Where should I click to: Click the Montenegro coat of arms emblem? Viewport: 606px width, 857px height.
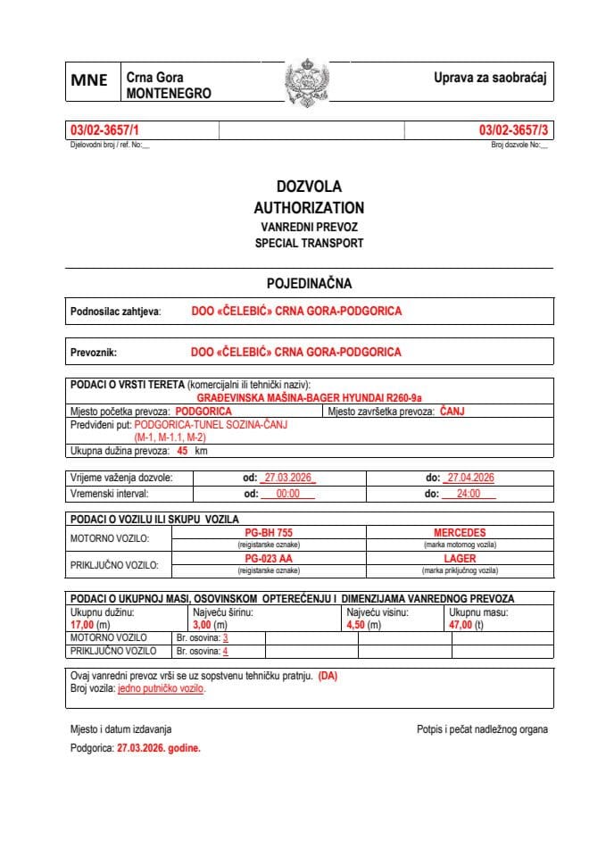(306, 83)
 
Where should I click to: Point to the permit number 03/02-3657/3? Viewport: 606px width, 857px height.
(515, 131)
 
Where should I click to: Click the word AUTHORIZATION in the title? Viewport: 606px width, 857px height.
(309, 207)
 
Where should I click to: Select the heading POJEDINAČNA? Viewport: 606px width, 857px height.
(309, 283)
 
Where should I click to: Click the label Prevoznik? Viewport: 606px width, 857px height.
(94, 352)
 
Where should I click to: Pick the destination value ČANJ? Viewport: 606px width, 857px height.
(452, 412)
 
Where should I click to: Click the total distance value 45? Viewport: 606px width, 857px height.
(182, 452)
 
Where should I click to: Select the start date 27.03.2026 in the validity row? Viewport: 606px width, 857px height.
(287, 478)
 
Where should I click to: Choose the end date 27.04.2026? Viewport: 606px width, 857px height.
(470, 478)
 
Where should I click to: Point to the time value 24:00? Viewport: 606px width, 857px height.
(469, 493)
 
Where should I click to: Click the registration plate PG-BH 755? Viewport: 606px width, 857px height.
(269, 532)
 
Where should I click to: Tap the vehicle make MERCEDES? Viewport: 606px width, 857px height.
(460, 532)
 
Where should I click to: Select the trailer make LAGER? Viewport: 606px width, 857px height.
(460, 558)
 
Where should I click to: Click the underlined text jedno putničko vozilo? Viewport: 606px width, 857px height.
(162, 688)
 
